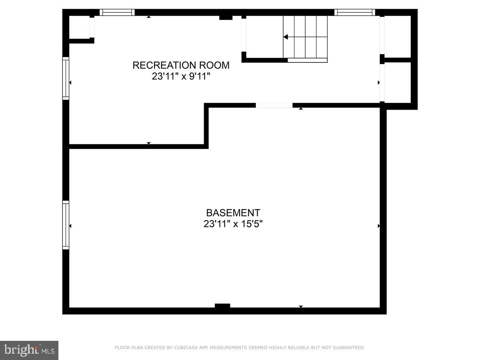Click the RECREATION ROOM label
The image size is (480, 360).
point(181,65)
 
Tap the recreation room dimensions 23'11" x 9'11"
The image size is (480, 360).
point(181,76)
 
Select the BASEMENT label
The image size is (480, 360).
point(233,213)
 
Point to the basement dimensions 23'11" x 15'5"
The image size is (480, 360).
point(233,224)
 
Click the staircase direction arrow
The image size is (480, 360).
point(286,37)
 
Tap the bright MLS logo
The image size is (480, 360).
point(29,350)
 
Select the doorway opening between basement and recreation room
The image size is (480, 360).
point(274,105)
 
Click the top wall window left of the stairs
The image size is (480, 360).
point(117,12)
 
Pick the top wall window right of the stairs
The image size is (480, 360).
point(354,12)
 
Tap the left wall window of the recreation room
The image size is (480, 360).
point(66,78)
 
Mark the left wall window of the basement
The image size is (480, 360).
point(66,225)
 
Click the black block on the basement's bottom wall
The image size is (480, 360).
point(222,306)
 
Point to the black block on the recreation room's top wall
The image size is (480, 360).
point(226,17)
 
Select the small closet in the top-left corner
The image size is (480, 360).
point(80,27)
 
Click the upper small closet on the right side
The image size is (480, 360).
point(398,36)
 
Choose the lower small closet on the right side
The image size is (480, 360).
point(398,82)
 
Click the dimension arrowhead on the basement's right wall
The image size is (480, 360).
point(379,226)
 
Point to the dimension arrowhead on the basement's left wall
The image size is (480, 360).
point(70,226)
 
